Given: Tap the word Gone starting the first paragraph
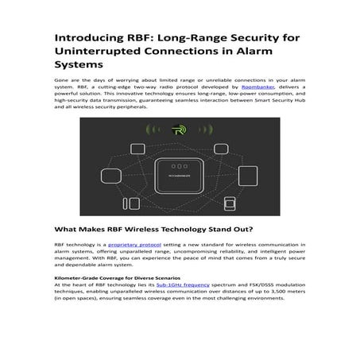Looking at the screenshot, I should pyautogui.click(x=61, y=79).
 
